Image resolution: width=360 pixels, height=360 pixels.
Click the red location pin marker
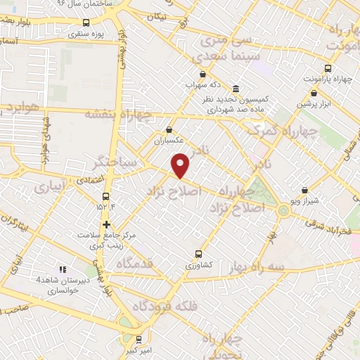181,165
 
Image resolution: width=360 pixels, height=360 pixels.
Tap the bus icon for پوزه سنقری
86,22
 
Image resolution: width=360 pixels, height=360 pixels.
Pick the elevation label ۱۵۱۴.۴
105,205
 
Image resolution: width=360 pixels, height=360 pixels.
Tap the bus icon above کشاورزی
198,254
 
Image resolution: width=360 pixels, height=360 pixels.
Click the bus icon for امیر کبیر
138,338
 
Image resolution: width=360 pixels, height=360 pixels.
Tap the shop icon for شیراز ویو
304,190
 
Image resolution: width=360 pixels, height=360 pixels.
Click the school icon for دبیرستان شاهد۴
63,269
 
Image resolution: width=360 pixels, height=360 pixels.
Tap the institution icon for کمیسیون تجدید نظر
235,89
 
